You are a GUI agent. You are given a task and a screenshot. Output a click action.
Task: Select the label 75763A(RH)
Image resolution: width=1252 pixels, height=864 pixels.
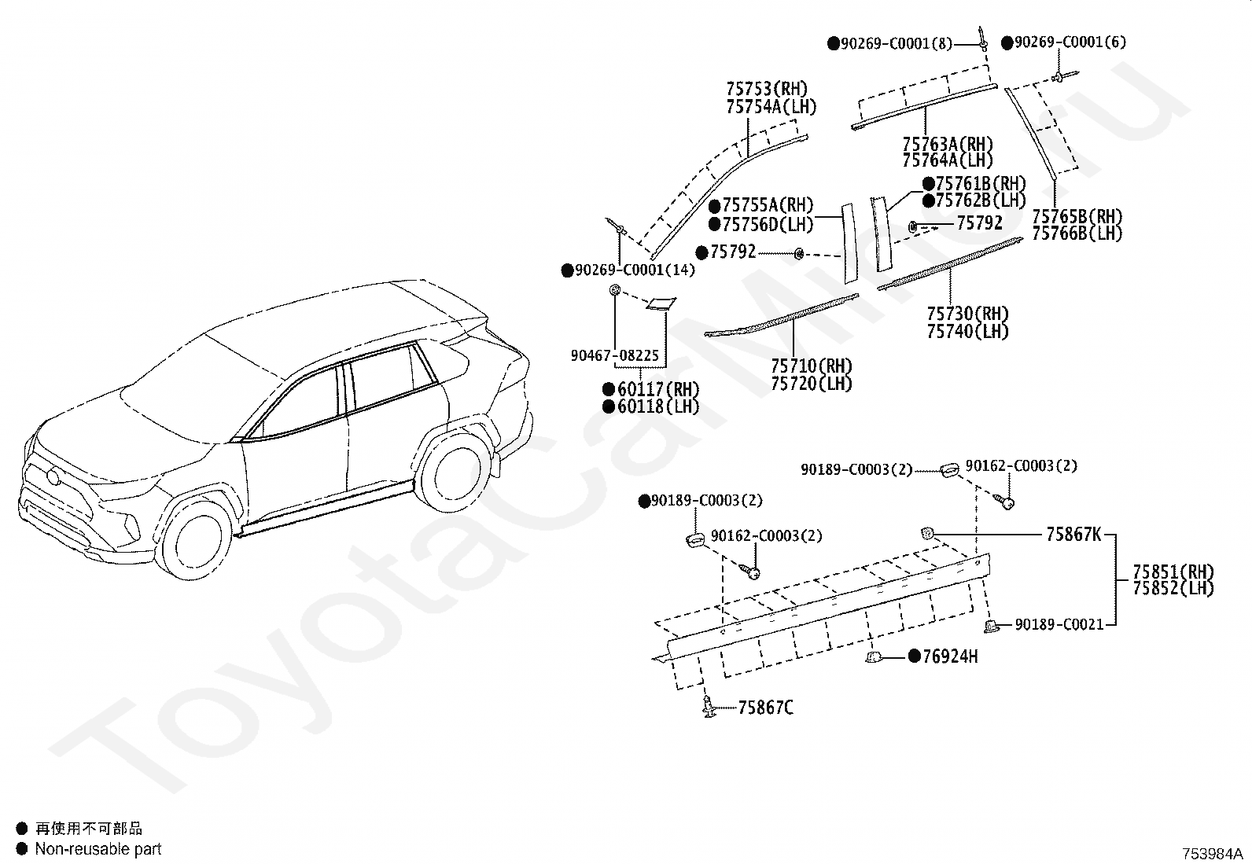tap(948, 145)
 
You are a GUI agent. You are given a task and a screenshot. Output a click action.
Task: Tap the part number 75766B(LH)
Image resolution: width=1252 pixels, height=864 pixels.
tap(1077, 233)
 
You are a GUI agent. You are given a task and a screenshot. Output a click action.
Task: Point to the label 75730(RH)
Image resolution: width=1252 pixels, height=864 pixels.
tap(967, 314)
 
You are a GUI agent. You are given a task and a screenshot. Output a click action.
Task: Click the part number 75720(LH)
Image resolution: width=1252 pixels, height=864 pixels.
tap(811, 384)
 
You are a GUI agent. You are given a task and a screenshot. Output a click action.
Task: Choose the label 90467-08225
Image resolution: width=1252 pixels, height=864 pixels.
tap(614, 356)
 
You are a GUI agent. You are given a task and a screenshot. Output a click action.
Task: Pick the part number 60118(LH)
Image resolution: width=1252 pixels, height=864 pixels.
tap(657, 406)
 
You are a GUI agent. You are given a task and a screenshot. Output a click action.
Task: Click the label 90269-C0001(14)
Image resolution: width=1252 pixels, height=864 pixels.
tap(635, 270)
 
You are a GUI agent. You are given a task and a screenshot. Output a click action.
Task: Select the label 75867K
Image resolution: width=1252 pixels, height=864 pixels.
tap(1073, 535)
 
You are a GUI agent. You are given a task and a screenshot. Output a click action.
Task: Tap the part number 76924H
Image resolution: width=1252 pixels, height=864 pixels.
tap(949, 656)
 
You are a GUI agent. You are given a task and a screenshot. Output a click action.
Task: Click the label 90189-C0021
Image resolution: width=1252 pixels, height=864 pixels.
tap(1059, 624)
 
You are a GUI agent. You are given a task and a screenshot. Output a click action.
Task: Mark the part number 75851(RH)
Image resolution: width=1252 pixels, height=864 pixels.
tap(1173, 572)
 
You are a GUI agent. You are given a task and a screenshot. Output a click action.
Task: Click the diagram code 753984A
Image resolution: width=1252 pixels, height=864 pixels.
tap(1211, 853)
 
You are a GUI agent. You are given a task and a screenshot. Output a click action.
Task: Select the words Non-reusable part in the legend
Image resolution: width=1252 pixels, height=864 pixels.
tap(98, 849)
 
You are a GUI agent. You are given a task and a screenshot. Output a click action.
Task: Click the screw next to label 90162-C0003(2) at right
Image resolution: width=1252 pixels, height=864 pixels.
tap(1006, 501)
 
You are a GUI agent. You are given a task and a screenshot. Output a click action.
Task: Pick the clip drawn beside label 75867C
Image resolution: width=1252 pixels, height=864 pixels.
tap(710, 710)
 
